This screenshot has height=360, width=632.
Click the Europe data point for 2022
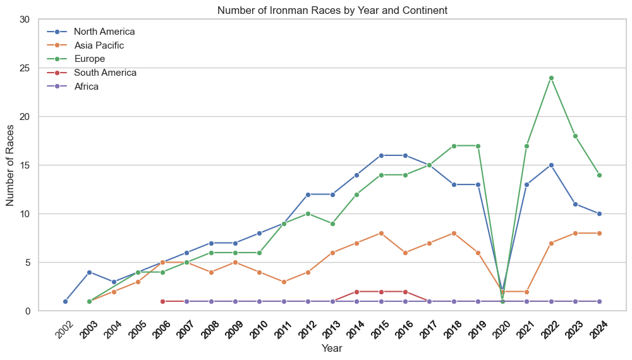pos(551,78)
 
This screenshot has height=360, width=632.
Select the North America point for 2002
pos(65,301)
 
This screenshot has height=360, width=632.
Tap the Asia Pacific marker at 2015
pos(381,233)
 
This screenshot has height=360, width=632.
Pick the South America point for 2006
pos(162,301)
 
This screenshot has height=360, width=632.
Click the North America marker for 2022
pos(551,165)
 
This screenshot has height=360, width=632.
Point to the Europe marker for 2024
pos(599,175)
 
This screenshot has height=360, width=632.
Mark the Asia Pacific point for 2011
pos(284,282)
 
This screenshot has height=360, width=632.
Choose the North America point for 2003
pos(89,272)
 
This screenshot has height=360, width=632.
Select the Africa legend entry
pos(86,87)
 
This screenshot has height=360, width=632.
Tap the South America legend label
pos(105,73)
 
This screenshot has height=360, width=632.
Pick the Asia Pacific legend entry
pos(99,45)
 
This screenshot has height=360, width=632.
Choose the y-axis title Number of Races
pos(11,165)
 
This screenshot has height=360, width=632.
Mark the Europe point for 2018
pos(454,146)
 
